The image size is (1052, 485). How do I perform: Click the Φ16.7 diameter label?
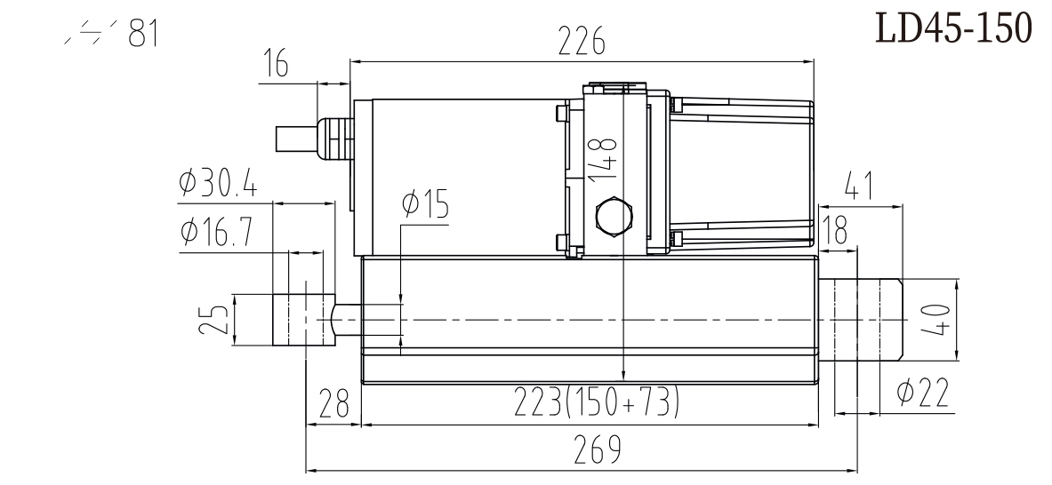[216, 233]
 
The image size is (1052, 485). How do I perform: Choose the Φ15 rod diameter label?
[425, 206]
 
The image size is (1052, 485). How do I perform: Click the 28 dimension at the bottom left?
[333, 405]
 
